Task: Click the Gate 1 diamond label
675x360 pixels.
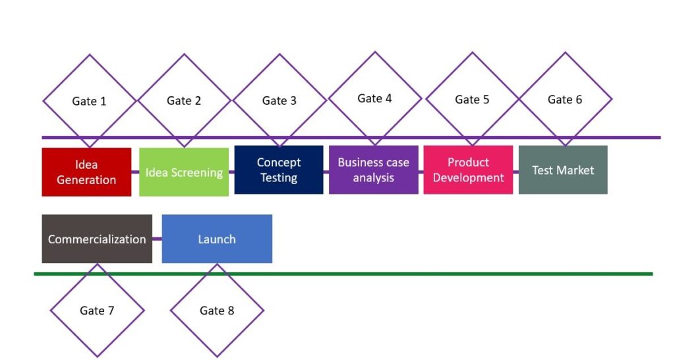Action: click(x=89, y=101)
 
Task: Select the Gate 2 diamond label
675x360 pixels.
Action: click(x=184, y=101)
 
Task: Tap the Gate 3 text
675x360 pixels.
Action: click(x=279, y=101)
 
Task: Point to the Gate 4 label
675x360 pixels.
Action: click(x=374, y=99)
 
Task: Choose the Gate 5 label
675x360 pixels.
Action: click(x=472, y=100)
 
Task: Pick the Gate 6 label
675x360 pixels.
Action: click(x=565, y=100)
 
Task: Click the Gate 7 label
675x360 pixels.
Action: click(x=97, y=311)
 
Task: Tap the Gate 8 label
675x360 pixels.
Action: click(x=217, y=311)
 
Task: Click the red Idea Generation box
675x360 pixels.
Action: click(x=86, y=172)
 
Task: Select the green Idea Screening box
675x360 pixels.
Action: click(x=184, y=172)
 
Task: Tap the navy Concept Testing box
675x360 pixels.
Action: click(x=279, y=169)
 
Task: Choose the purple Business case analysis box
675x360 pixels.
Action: click(x=374, y=169)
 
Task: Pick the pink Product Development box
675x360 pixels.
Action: click(x=469, y=169)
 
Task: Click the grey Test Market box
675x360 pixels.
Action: click(x=563, y=169)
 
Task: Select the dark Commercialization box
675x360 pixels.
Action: click(x=97, y=239)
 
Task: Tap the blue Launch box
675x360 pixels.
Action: click(x=217, y=239)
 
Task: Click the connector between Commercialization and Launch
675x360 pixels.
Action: click(x=157, y=239)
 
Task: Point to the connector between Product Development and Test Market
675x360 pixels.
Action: click(x=515, y=172)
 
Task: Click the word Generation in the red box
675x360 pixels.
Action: click(x=86, y=180)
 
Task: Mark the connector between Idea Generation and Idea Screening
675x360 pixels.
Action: click(x=135, y=172)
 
